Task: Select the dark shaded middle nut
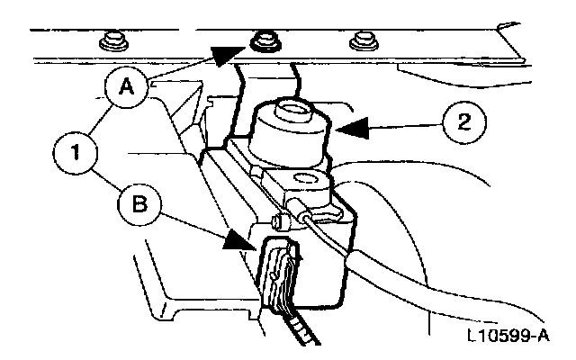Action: click(x=265, y=39)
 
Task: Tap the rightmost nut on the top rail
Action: click(x=364, y=40)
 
